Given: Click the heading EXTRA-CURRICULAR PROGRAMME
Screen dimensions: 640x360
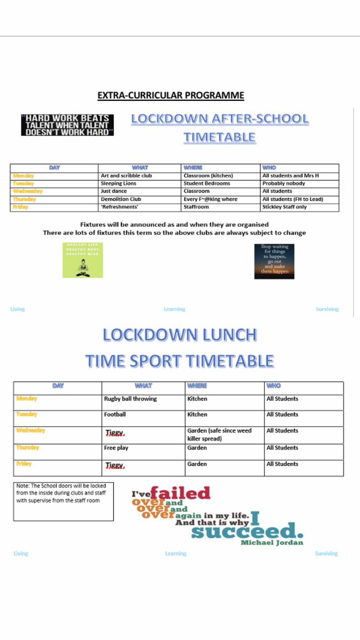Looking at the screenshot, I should pyautogui.click(x=171, y=95).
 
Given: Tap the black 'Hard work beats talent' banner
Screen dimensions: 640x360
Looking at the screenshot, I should pyautogui.click(x=67, y=124).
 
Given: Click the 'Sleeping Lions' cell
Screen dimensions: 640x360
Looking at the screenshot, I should pyautogui.click(x=118, y=183).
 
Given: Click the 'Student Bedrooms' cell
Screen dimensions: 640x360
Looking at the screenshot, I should pyautogui.click(x=207, y=183).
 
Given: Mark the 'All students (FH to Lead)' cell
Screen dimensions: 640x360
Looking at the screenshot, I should pyautogui.click(x=293, y=199).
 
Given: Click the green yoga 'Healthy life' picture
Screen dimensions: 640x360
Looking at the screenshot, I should pyautogui.click(x=82, y=260).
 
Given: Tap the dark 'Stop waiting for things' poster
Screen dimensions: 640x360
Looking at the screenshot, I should pyautogui.click(x=274, y=261).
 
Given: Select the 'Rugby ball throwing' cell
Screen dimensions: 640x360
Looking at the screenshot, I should pyautogui.click(x=131, y=399).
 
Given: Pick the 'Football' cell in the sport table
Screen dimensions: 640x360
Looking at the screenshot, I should pyautogui.click(x=115, y=414).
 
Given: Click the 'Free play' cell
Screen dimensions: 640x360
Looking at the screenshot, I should pyautogui.click(x=116, y=448).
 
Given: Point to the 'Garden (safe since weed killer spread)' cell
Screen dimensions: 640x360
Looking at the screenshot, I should pyautogui.click(x=219, y=434).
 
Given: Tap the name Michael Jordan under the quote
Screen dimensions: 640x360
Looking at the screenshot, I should pyautogui.click(x=272, y=542).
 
